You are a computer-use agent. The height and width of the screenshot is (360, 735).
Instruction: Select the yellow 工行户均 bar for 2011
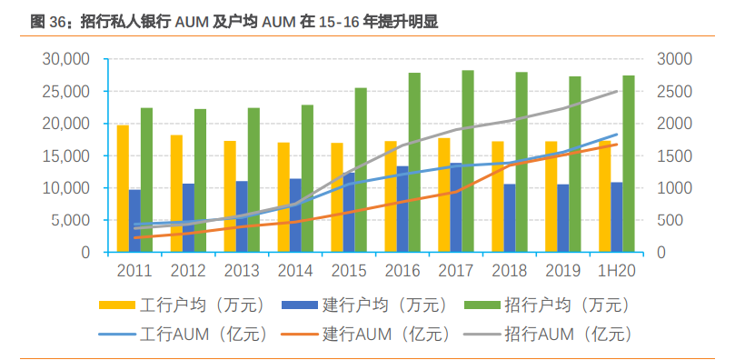coord(123,188)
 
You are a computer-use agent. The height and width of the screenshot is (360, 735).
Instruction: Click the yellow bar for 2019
coord(551,196)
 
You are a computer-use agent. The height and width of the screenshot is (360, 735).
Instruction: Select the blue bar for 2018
coord(509,218)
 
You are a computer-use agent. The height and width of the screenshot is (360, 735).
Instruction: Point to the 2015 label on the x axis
coord(349,270)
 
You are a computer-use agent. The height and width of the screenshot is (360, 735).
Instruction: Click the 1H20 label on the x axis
coord(615,270)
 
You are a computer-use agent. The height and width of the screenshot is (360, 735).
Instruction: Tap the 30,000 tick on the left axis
coord(66,59)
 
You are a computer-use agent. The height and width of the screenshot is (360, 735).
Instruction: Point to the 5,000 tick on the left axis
coord(70,220)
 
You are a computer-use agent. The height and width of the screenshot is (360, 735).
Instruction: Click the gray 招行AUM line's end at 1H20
coord(617,91)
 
